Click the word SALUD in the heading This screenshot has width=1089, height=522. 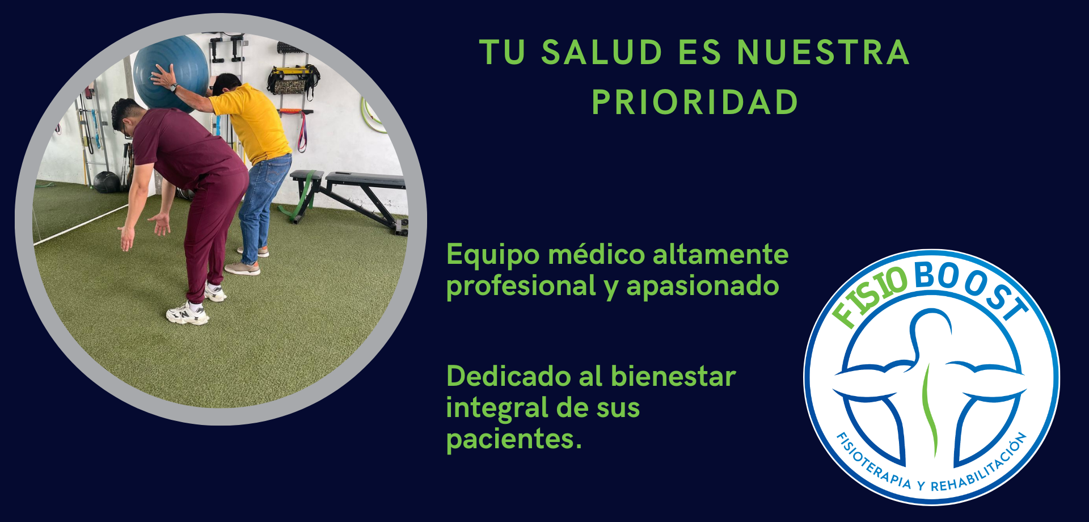tap(602, 52)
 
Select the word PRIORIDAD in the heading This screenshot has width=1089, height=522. tap(695, 102)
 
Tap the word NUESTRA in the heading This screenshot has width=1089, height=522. tap(824, 52)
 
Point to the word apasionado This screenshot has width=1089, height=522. tap(703, 287)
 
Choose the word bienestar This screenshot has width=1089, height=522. tap(673, 376)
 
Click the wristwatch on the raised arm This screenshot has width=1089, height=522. tap(175, 88)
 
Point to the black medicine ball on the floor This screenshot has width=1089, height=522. tap(106, 182)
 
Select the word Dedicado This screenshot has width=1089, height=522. tap(507, 376)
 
